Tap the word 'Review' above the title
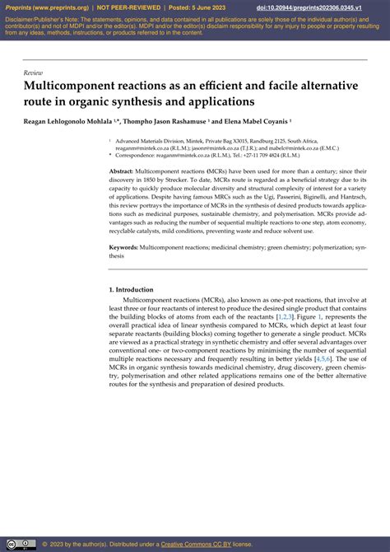[x=33, y=73]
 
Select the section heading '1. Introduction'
[x=131, y=290]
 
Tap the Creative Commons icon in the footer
[x=22, y=543]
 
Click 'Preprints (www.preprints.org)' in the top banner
[x=44, y=7]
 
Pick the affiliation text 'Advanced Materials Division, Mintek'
[x=165, y=141]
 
